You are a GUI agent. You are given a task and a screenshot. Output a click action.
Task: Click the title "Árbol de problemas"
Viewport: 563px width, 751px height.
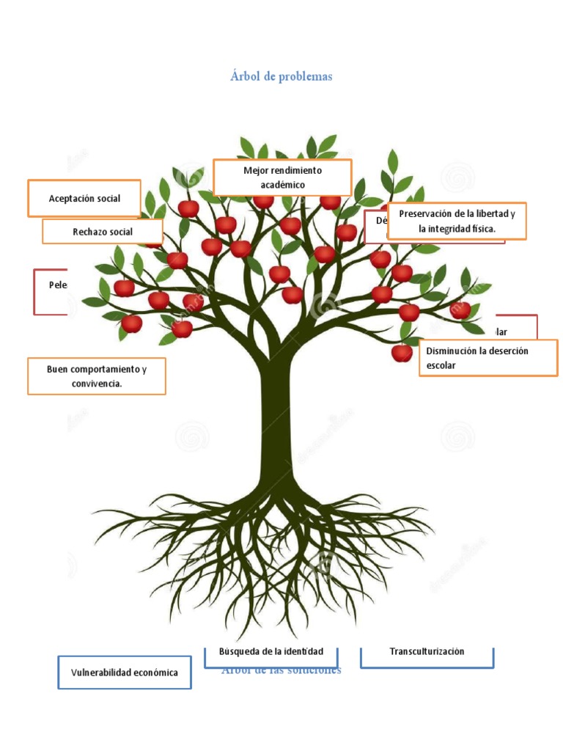click(x=281, y=77)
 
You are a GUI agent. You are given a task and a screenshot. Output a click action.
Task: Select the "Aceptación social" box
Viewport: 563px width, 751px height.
click(x=84, y=198)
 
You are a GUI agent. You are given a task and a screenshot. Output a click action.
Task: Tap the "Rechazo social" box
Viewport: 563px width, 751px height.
click(x=103, y=232)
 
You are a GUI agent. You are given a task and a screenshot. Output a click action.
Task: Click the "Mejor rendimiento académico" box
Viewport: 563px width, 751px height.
click(x=282, y=177)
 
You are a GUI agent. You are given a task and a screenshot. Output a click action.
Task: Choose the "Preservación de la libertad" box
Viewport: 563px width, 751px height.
click(x=457, y=221)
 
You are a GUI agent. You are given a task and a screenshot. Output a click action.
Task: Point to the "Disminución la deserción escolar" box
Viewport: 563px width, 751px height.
click(x=487, y=358)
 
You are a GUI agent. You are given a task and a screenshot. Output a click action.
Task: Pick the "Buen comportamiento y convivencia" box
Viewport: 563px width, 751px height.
click(x=96, y=375)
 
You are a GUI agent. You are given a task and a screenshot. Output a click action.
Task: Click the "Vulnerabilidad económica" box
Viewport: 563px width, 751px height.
click(x=124, y=673)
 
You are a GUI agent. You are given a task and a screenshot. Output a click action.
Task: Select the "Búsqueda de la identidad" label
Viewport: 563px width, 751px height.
click(x=271, y=652)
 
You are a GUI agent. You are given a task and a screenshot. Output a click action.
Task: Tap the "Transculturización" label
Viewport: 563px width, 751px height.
click(x=427, y=652)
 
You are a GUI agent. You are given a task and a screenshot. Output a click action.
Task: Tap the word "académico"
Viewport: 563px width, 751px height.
click(x=282, y=185)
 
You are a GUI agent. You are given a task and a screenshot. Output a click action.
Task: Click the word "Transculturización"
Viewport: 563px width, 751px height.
click(x=427, y=651)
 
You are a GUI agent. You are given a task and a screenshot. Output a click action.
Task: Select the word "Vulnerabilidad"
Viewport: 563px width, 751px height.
click(x=100, y=673)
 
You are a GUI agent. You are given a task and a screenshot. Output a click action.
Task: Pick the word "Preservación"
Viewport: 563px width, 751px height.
click(x=427, y=213)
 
